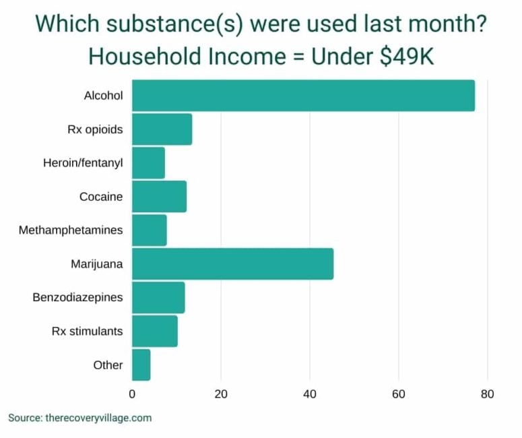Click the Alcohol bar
(x=303, y=96)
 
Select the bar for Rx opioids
(x=162, y=129)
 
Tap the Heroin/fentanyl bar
(x=148, y=163)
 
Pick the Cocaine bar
(x=159, y=197)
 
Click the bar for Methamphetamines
(x=149, y=230)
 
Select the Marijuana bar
(x=232, y=264)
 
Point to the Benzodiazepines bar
(x=158, y=298)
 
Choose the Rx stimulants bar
(x=154, y=332)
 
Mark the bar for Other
(x=141, y=365)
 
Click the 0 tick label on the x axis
(x=132, y=394)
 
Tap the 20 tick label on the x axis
(x=221, y=394)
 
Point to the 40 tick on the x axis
(x=310, y=394)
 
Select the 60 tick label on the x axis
(x=399, y=394)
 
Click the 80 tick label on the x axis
(x=488, y=394)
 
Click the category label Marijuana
(x=97, y=264)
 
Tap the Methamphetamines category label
(x=71, y=230)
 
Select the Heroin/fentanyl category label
(x=83, y=163)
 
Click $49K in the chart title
(x=407, y=57)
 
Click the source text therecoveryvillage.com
(x=98, y=418)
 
